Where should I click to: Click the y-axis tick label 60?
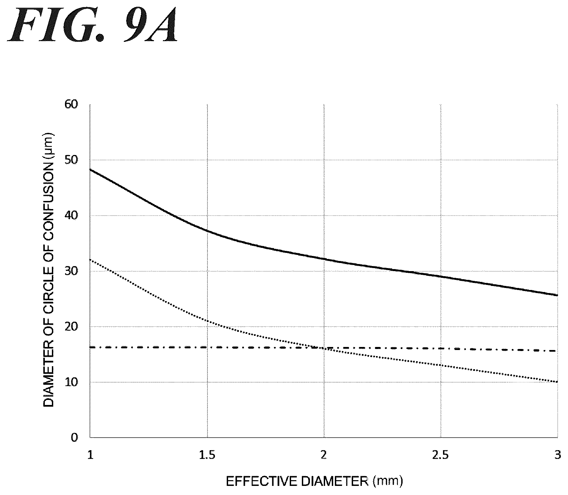(x=71, y=104)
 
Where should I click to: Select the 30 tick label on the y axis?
(x=71, y=271)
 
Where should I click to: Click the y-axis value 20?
(x=71, y=326)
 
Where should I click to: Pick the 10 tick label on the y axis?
(x=71, y=382)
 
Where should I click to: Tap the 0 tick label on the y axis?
(x=74, y=437)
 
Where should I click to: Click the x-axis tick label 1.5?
(x=207, y=455)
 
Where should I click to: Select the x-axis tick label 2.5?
(x=441, y=455)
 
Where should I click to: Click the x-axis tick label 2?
(x=324, y=455)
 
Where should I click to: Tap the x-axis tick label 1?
(x=90, y=455)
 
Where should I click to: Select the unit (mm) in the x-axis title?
(x=388, y=481)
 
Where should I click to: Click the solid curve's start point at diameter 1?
(x=90, y=169)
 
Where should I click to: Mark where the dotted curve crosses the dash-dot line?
(x=323, y=348)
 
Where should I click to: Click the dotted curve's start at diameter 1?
(x=90, y=260)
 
